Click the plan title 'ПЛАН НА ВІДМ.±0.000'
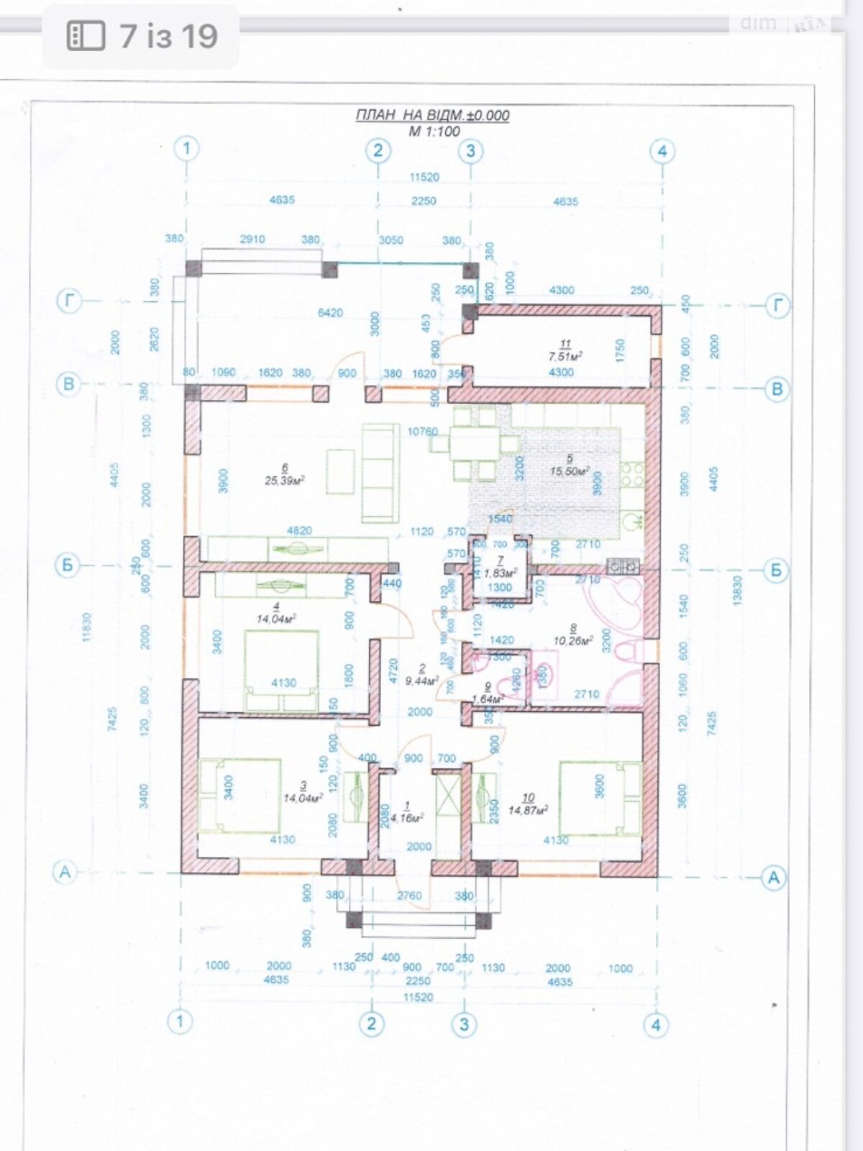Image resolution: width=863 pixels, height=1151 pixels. pyautogui.click(x=432, y=115)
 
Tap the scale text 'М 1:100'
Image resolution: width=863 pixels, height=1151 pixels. pyautogui.click(x=434, y=131)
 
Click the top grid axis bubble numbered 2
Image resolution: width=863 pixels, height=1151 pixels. pyautogui.click(x=378, y=151)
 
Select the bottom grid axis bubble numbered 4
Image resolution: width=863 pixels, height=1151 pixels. pyautogui.click(x=655, y=1024)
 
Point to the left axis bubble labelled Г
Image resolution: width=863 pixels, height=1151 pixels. pyautogui.click(x=69, y=301)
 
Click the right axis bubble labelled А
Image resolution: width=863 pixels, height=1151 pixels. pyautogui.click(x=774, y=878)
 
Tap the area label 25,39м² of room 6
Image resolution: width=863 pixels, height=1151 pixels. pyautogui.click(x=284, y=481)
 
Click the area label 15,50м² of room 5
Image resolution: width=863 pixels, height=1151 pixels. pyautogui.click(x=570, y=471)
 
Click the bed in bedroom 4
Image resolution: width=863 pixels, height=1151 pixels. pyautogui.click(x=281, y=669)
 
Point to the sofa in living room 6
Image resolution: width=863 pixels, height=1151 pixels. pyautogui.click(x=379, y=473)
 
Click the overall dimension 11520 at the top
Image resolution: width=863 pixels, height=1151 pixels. pyautogui.click(x=424, y=177)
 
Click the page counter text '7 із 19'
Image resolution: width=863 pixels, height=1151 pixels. pyautogui.click(x=168, y=36)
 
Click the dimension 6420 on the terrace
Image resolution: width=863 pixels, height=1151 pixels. pyautogui.click(x=331, y=313)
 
